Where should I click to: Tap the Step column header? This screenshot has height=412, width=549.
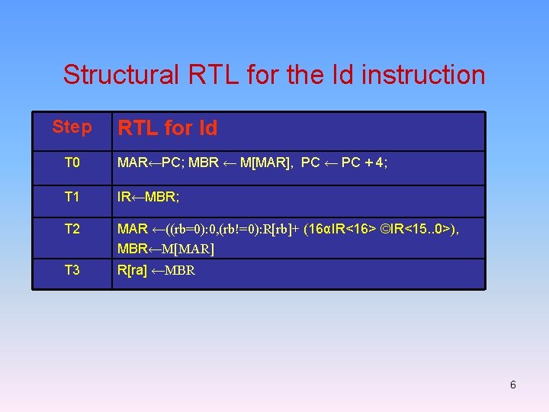point(72,127)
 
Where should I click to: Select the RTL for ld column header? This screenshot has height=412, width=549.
point(167,128)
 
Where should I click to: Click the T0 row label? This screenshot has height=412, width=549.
point(72,163)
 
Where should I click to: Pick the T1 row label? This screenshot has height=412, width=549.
point(72,197)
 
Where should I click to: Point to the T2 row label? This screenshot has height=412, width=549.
point(72,229)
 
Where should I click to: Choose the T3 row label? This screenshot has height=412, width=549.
point(72,269)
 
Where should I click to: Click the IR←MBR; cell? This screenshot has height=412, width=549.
point(148,197)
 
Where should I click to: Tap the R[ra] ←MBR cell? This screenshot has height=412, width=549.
point(156,269)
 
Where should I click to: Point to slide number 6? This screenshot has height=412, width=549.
point(512,385)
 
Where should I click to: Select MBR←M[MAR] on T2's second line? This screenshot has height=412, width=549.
point(165,249)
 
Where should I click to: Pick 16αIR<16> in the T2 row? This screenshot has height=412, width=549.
point(342,229)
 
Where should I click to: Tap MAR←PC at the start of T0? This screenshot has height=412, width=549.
point(143,163)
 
